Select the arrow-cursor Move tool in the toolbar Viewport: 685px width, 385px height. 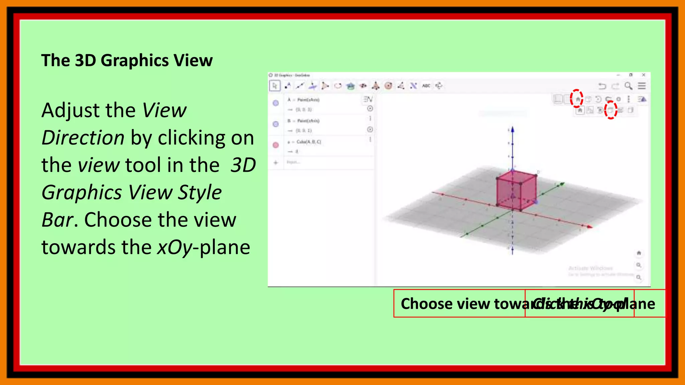coord(275,86)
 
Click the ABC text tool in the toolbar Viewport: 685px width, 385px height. coord(426,86)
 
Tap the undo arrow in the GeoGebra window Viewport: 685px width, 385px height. coord(602,86)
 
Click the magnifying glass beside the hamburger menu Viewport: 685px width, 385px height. coord(628,86)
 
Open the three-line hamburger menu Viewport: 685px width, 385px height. coord(642,86)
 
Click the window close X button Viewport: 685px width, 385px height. coord(644,75)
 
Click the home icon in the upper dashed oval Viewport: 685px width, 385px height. coord(577,99)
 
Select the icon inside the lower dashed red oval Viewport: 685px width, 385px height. coord(610,110)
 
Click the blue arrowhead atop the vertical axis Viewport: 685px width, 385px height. coord(512,130)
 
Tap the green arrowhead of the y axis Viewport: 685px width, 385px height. coord(563,183)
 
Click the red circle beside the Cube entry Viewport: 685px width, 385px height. coord(276,145)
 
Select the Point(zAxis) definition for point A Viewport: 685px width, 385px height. coord(308,100)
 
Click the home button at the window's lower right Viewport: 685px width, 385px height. coord(639,253)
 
